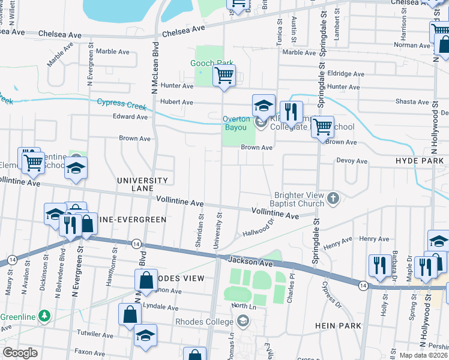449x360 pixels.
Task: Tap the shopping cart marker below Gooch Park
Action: pyautogui.click(x=224, y=76)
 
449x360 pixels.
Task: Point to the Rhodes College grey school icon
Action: pyautogui.click(x=243, y=322)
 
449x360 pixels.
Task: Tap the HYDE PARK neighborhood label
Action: pyautogui.click(x=420, y=161)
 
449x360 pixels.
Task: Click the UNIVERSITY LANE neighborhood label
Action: pyautogui.click(x=142, y=184)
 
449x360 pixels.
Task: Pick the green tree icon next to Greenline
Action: pyautogui.click(x=43, y=316)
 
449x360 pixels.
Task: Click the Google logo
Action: pyautogui.click(x=20, y=353)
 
